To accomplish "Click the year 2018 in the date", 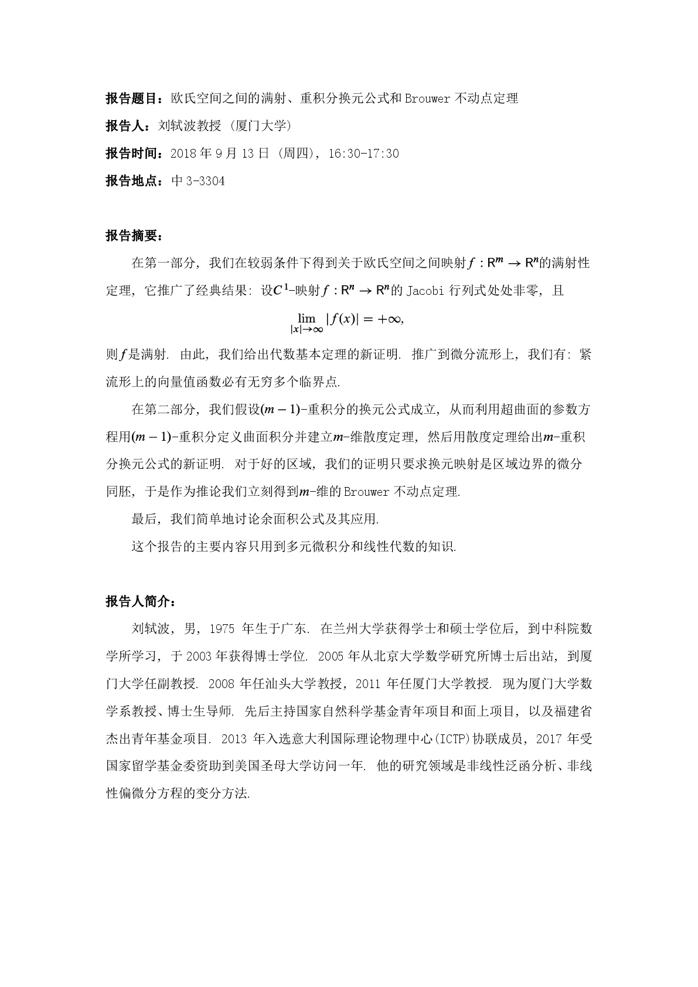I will (x=183, y=154).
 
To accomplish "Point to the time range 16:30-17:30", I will (x=363, y=154).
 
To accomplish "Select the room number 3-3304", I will (x=205, y=181).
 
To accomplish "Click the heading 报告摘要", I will (x=132, y=236).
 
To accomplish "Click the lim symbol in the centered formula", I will (x=307, y=318).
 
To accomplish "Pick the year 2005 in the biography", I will (x=331, y=656).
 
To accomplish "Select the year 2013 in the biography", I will (x=234, y=739).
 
